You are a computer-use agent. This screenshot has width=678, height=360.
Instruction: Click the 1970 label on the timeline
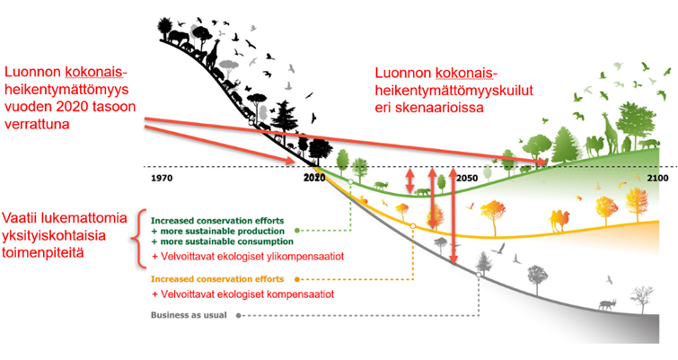(x=162, y=177)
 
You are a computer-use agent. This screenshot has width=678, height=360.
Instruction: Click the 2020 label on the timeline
(x=313, y=178)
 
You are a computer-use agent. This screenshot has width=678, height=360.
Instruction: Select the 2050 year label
(x=467, y=178)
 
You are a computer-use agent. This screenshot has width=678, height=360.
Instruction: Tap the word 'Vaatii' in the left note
(x=23, y=217)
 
